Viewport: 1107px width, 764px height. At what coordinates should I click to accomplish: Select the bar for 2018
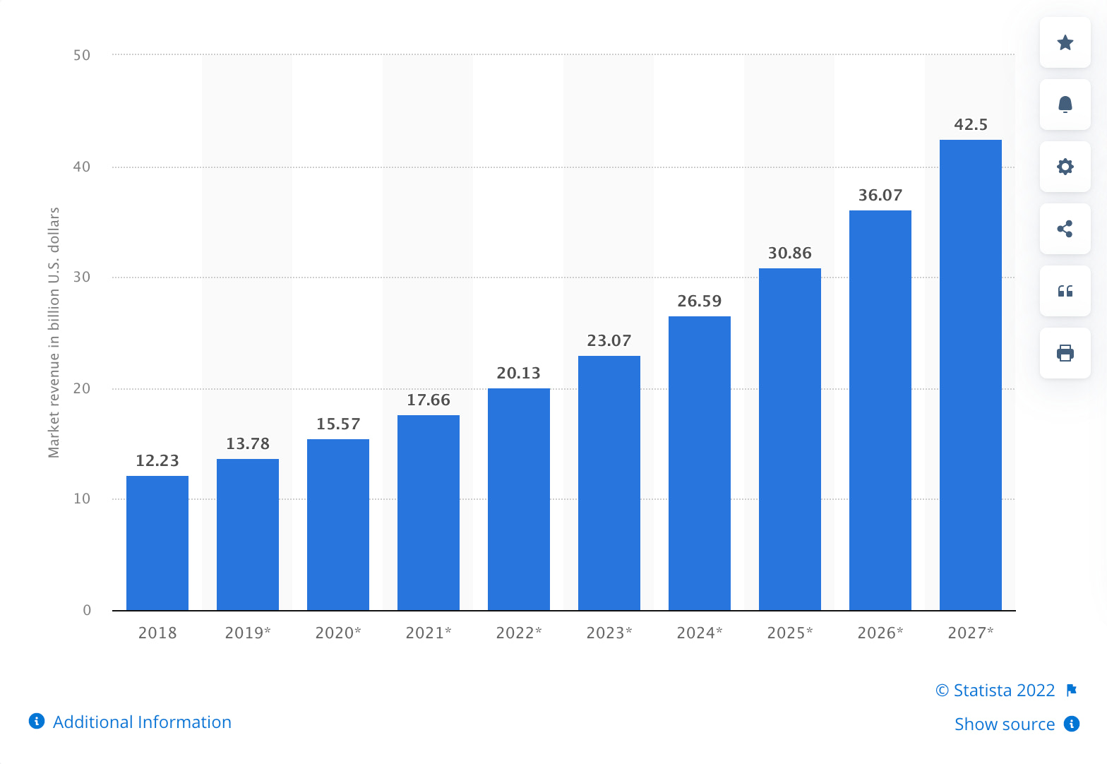point(157,543)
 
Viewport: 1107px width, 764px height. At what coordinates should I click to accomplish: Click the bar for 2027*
point(970,375)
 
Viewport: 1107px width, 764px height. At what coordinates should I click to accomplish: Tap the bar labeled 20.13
point(518,499)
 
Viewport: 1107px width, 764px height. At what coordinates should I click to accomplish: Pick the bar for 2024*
point(699,463)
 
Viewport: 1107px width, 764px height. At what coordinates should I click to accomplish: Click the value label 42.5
point(971,125)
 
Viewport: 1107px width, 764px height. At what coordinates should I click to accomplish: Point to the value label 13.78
point(248,444)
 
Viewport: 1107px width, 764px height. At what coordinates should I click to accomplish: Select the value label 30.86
point(789,253)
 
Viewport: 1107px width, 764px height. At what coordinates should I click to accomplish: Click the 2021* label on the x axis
point(428,633)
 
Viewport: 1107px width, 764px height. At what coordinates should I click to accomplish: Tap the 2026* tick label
point(880,633)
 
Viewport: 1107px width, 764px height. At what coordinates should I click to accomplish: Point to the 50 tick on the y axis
point(82,55)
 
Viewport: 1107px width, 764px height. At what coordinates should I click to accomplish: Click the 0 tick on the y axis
point(87,610)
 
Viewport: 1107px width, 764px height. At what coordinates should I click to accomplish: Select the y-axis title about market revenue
point(54,333)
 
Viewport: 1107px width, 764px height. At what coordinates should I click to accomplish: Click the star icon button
point(1065,43)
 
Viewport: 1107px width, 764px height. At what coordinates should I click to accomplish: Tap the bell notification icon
point(1065,105)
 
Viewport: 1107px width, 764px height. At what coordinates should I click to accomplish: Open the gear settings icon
point(1065,167)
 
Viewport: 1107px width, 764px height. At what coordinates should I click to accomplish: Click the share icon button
point(1065,229)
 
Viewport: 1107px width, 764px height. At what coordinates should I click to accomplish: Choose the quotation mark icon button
point(1065,291)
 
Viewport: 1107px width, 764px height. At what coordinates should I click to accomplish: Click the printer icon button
point(1065,353)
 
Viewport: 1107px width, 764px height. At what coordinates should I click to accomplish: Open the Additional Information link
point(141,722)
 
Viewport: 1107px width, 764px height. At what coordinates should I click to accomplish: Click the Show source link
point(1004,724)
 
